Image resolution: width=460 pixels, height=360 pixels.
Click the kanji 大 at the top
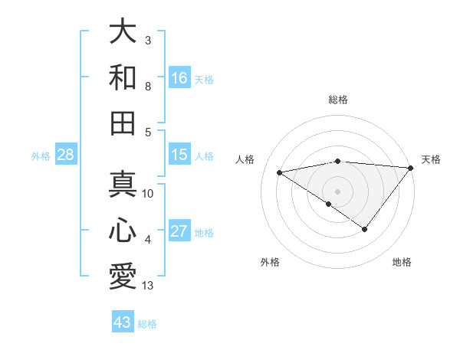coord(123,33)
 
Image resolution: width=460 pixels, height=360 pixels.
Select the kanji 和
coord(123,77)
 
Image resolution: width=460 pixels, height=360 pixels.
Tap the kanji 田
coord(123,122)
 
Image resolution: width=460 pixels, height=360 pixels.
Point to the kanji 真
coord(123,185)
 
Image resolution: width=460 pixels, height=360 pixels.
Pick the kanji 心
coord(123,231)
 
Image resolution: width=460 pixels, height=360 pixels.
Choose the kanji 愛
coord(123,275)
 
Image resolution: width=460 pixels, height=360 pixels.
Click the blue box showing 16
coord(179,77)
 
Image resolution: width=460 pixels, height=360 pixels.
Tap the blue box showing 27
coord(179,231)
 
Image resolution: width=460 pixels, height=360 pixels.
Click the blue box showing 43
coord(123,322)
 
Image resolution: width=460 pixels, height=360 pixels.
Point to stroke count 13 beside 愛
coord(148,286)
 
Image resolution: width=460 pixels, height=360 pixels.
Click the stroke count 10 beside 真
coord(148,194)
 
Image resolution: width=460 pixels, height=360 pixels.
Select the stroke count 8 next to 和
coord(148,87)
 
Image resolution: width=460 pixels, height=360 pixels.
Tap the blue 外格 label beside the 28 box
coord(41,156)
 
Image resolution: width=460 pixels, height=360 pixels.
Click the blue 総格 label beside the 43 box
coord(147,324)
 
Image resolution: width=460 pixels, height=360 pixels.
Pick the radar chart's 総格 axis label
coord(338,100)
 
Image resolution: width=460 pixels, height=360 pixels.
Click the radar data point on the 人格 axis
coord(279,172)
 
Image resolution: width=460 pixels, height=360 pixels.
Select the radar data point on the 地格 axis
coord(365,229)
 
